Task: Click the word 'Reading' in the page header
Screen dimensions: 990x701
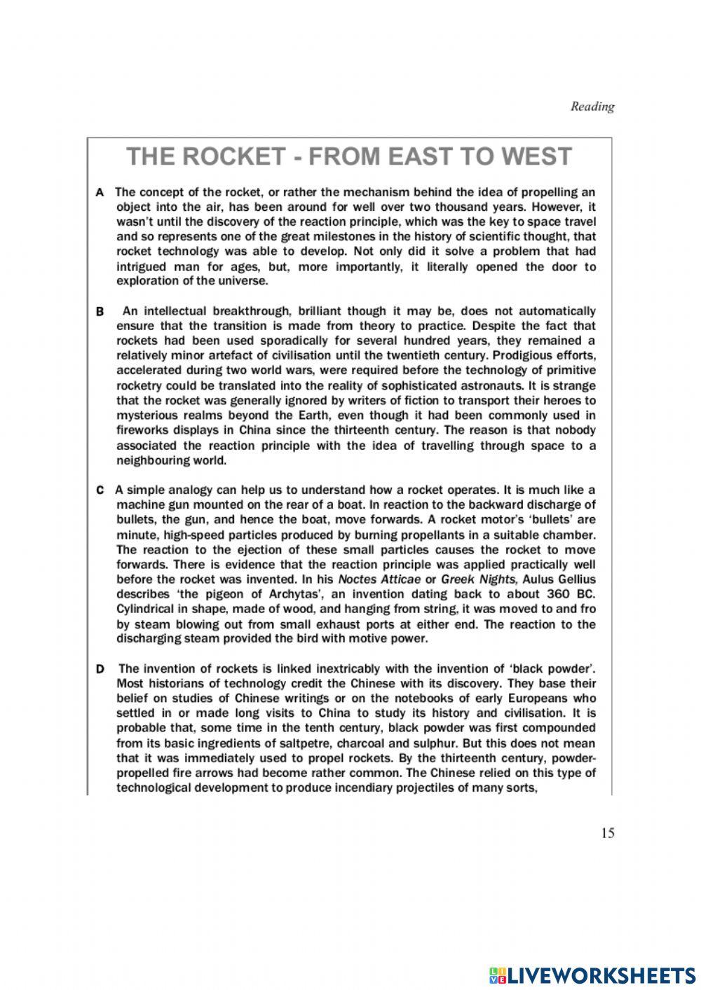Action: tap(592, 106)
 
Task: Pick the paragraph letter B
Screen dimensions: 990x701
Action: tap(100, 311)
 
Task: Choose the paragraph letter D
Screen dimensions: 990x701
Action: tap(100, 669)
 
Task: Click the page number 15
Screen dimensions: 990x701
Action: tap(607, 833)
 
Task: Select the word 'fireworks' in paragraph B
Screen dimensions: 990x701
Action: tap(142, 430)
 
